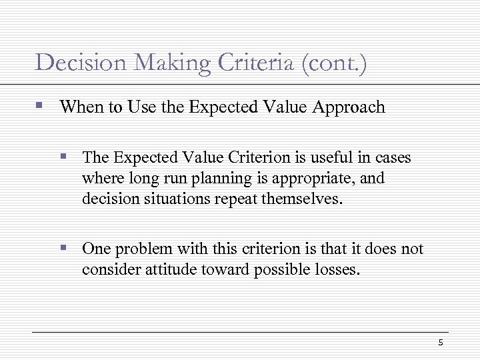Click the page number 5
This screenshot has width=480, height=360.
(441, 343)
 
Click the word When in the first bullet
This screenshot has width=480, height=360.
(79, 107)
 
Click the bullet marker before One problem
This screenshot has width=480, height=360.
(65, 249)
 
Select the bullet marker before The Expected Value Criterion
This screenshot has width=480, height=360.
(65, 157)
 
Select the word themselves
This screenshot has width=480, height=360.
(305, 199)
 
